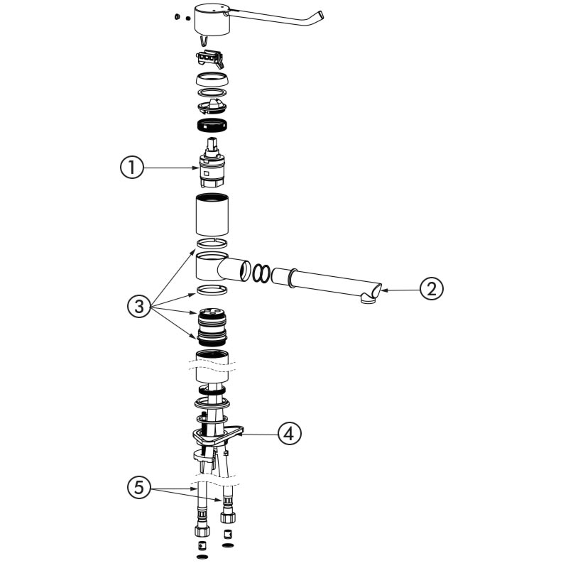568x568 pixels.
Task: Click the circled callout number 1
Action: pyautogui.click(x=132, y=168)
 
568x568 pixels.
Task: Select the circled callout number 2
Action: pyautogui.click(x=431, y=289)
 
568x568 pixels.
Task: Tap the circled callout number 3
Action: pyautogui.click(x=139, y=307)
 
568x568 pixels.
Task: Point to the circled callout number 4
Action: pyautogui.click(x=290, y=433)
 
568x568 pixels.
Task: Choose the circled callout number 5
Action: pyautogui.click(x=139, y=487)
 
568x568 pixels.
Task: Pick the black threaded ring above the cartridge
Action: pyautogui.click(x=212, y=125)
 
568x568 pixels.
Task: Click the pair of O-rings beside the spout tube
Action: pyautogui.click(x=261, y=273)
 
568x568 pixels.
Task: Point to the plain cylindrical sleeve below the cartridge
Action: pyautogui.click(x=212, y=215)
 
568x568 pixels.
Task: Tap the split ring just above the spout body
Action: pyautogui.click(x=212, y=243)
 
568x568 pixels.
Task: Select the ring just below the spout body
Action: pyautogui.click(x=212, y=290)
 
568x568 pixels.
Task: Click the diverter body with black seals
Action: pyautogui.click(x=212, y=327)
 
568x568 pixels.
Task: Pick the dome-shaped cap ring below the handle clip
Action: pyautogui.click(x=212, y=79)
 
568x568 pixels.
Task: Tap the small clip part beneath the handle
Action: pyautogui.click(x=211, y=59)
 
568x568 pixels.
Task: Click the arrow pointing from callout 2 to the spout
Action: pyautogui.click(x=400, y=290)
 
